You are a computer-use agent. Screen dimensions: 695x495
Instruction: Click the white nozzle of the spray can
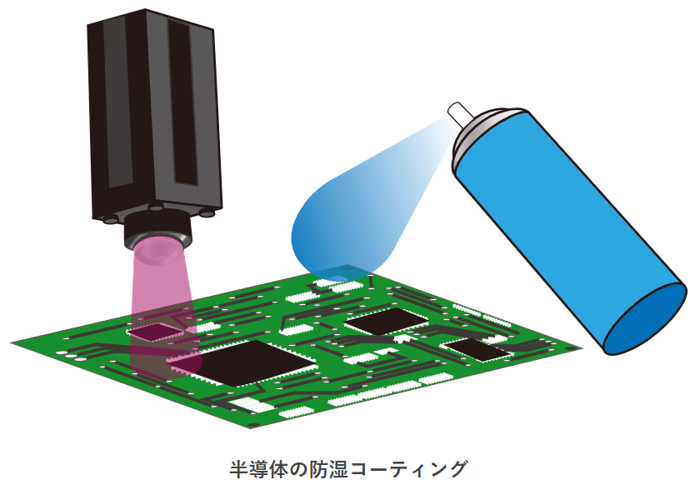460,112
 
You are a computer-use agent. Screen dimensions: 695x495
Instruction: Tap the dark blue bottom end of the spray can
645,318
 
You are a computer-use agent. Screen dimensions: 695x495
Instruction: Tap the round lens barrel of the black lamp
157,231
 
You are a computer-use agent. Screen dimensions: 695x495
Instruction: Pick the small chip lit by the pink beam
155,332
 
